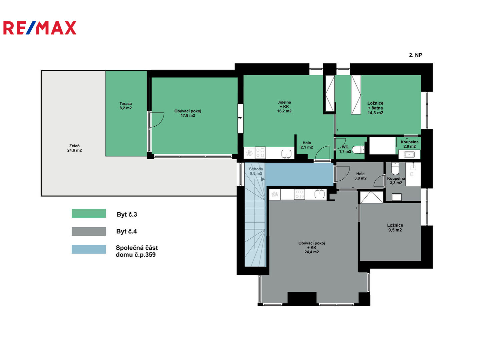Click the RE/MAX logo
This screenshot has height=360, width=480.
[x=40, y=28]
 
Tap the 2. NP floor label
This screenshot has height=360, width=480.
[x=415, y=55]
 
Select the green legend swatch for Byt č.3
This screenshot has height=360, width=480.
[x=89, y=213]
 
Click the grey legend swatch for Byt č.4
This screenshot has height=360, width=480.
[x=89, y=231]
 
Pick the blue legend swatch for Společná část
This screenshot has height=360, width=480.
[x=89, y=249]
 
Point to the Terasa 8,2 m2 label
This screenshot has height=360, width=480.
[x=125, y=106]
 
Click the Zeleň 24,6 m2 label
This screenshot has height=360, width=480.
[x=75, y=148]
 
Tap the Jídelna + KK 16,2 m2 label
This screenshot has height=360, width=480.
[x=284, y=107]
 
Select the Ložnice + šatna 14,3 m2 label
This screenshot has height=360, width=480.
[x=375, y=108]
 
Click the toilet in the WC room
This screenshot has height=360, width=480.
[x=358, y=150]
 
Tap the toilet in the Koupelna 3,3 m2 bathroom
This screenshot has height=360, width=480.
[x=395, y=168]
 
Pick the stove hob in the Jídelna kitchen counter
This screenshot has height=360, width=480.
[x=260, y=152]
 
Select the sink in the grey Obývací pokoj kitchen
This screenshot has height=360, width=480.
[x=320, y=194]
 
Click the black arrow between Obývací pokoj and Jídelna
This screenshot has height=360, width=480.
[x=240, y=118]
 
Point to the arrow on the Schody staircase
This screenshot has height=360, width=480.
[x=263, y=179]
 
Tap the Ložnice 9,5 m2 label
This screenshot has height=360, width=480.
[x=395, y=227]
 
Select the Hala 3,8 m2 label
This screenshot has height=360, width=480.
[x=360, y=176]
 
